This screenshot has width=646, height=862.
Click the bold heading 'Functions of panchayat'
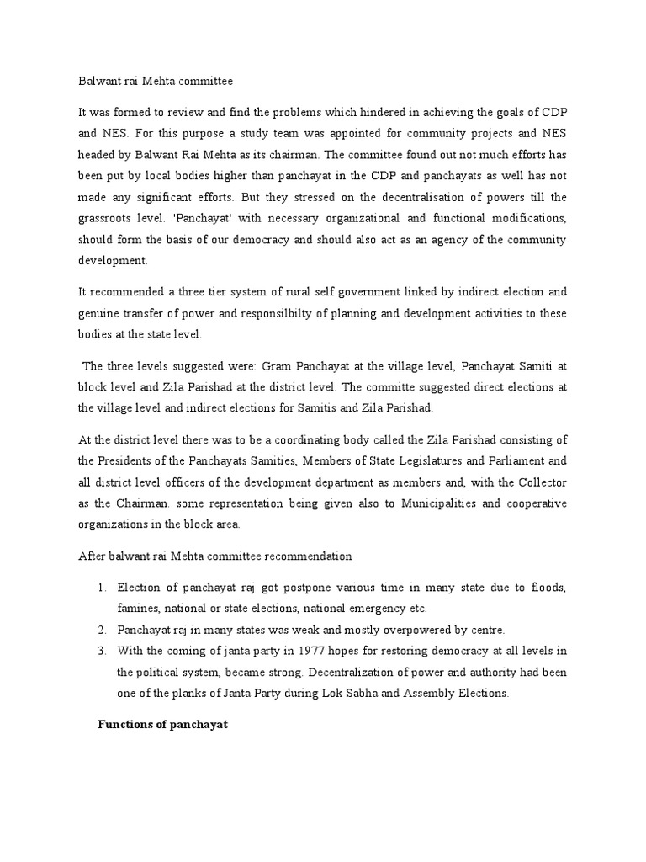(163, 723)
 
